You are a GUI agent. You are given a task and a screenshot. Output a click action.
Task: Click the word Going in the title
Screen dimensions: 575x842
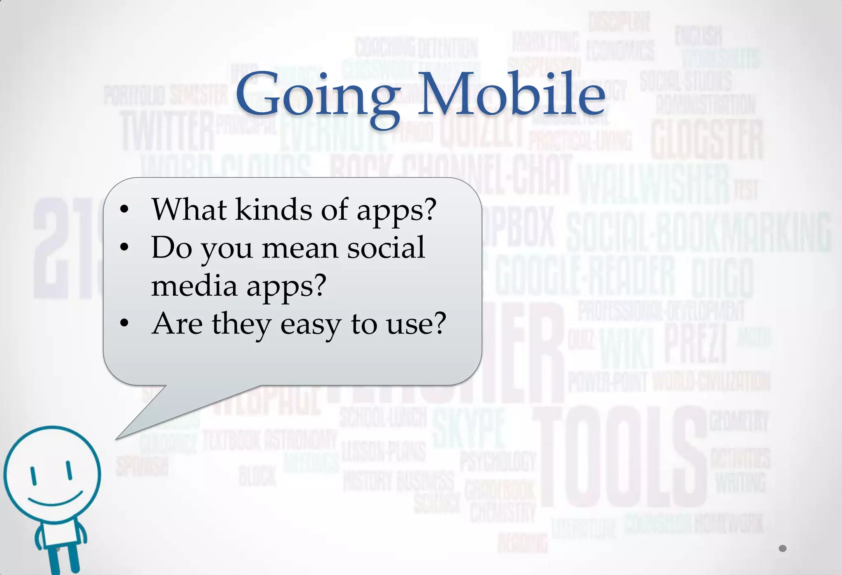[x=317, y=97]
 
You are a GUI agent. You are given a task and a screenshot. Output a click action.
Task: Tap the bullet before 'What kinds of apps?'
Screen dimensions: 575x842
[x=124, y=209]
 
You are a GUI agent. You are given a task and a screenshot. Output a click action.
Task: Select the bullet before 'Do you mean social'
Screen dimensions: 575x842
[x=124, y=247]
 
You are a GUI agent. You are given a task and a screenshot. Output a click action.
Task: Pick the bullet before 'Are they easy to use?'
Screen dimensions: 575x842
[x=124, y=323]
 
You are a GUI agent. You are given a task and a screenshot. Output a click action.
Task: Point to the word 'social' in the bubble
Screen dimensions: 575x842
[x=386, y=248]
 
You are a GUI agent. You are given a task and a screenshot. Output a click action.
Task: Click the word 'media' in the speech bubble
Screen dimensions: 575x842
[x=194, y=285]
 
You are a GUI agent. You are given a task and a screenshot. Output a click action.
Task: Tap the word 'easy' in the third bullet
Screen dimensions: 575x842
[x=311, y=324]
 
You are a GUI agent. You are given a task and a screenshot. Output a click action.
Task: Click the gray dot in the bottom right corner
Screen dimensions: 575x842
[x=782, y=548]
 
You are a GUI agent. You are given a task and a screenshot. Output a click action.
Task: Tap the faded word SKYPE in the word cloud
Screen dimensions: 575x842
[x=469, y=428]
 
